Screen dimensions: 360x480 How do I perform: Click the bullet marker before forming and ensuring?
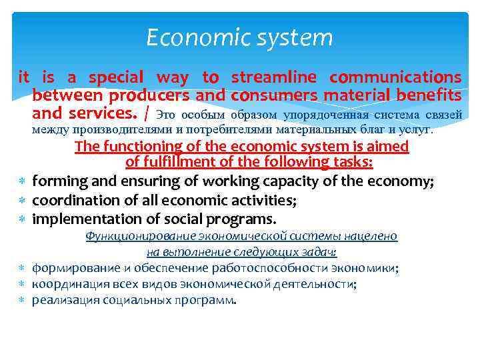click(x=23, y=181)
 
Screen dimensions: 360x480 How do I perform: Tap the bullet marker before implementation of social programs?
click(x=23, y=219)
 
